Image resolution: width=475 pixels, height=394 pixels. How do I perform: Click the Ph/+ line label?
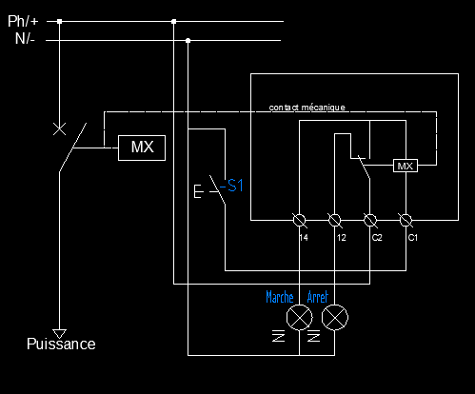[x=23, y=21]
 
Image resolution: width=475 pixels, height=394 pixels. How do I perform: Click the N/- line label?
[x=25, y=39]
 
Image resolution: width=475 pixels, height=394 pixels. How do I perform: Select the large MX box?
[x=142, y=148]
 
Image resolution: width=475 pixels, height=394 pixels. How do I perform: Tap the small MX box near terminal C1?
[x=406, y=166]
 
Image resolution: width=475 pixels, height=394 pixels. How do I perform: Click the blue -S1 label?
[x=231, y=186]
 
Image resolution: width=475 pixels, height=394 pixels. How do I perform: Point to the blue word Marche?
[x=280, y=297]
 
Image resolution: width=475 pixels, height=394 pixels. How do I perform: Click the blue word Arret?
[x=318, y=297]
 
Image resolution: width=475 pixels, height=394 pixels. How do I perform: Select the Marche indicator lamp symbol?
[x=299, y=318]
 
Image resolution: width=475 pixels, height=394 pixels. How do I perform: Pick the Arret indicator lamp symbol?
[x=335, y=318]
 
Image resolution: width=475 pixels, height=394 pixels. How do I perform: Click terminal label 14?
[x=304, y=238]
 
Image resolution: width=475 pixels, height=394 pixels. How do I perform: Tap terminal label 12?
[x=342, y=238]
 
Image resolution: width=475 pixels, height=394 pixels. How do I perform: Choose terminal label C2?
[x=377, y=238]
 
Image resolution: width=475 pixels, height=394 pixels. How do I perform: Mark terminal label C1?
[x=413, y=238]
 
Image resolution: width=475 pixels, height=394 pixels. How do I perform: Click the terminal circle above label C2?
[x=370, y=220]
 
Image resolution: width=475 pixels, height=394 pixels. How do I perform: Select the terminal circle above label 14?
[x=299, y=220]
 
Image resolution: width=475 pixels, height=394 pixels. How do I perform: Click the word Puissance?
[x=61, y=345]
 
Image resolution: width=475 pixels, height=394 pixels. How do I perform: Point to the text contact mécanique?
[x=307, y=108]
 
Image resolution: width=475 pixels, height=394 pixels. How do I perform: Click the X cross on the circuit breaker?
[x=59, y=129]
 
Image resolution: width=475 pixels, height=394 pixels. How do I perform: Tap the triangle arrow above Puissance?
[x=59, y=334]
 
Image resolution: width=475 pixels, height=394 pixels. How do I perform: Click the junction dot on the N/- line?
[x=188, y=41]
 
